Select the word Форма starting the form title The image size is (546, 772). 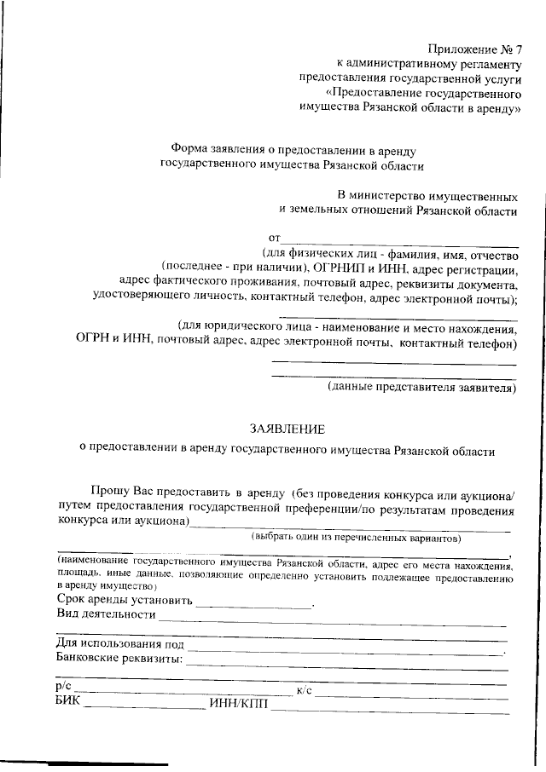click(x=190, y=148)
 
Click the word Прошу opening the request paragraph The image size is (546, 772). click(x=110, y=491)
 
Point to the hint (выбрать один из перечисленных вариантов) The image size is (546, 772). click(x=356, y=539)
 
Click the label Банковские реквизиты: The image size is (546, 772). click(x=119, y=659)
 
